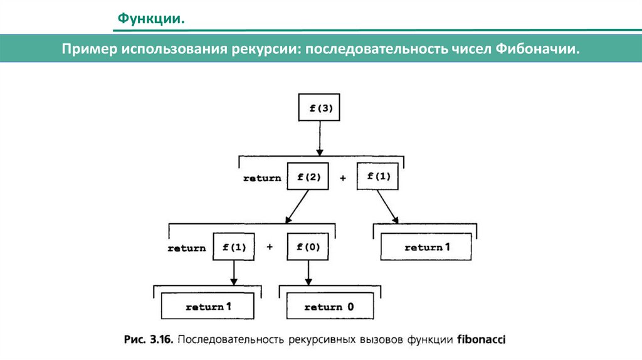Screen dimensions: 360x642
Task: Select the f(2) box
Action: (308, 177)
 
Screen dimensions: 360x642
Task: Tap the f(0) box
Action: (308, 247)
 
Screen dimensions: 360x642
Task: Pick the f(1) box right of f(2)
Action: (377, 176)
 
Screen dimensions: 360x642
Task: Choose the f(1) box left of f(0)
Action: (234, 247)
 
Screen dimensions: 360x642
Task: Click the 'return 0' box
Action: (329, 307)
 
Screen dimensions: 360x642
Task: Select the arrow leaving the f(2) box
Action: (297, 206)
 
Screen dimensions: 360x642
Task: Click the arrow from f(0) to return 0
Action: (308, 273)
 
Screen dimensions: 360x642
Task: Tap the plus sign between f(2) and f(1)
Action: (343, 178)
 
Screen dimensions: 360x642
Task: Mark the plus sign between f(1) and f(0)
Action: (270, 247)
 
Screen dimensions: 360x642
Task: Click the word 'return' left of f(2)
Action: (262, 178)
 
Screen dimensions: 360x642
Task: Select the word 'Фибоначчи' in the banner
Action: (537, 48)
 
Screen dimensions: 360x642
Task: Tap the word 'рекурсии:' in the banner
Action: (266, 48)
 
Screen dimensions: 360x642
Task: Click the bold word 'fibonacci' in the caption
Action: (481, 339)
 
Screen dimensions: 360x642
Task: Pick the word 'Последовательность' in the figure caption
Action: (231, 339)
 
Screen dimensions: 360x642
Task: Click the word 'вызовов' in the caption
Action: (383, 339)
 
